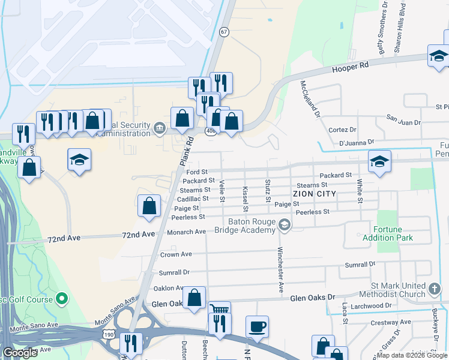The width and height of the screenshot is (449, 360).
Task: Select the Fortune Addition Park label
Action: pyautogui.click(x=388, y=233)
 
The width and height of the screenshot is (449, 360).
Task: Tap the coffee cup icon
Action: pyautogui.click(x=257, y=326)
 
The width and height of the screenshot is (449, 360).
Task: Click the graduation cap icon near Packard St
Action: pyautogui.click(x=379, y=161)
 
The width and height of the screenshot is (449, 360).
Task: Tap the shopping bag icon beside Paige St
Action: pyautogui.click(x=149, y=206)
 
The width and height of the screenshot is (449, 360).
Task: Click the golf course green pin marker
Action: pyautogui.click(x=62, y=298)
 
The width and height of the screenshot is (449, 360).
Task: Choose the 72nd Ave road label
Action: pyautogui.click(x=65, y=238)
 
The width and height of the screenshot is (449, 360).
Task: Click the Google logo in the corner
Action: pyautogui.click(x=20, y=353)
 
